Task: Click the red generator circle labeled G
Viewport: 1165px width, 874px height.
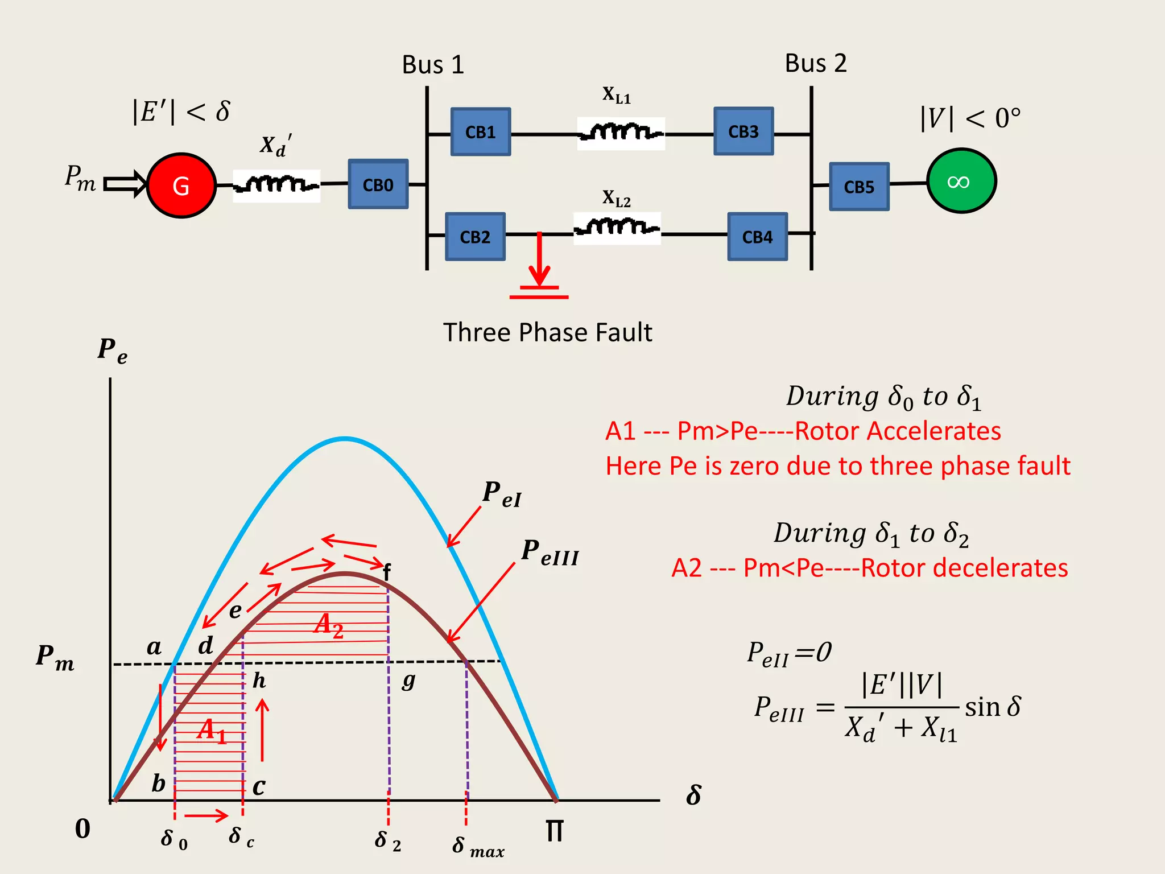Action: point(181,185)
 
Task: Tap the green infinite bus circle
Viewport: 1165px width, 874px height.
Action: point(961,181)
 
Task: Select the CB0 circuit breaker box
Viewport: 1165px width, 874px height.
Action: point(378,184)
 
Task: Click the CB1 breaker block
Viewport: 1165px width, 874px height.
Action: point(481,132)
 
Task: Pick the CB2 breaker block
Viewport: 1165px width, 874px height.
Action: point(475,237)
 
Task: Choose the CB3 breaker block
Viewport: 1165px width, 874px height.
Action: point(743,131)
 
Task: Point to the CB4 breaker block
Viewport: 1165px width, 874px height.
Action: point(757,237)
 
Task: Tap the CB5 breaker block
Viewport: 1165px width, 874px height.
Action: point(859,187)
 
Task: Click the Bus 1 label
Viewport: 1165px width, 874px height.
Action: point(433,65)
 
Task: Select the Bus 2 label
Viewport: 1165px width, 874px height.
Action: point(816,63)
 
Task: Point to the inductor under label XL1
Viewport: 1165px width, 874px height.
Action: point(621,133)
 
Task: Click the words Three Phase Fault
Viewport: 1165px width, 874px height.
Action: point(547,332)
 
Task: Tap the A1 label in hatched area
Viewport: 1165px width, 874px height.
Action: point(212,731)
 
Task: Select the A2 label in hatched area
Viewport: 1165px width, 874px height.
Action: point(329,625)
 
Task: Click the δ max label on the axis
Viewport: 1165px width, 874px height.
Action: point(478,847)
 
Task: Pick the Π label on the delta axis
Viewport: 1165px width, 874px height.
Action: point(555,831)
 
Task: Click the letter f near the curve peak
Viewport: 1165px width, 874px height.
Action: point(387,572)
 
